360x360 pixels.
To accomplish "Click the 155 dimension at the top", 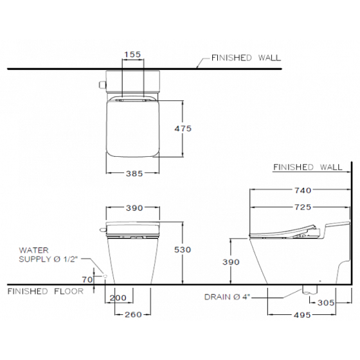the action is (x=132, y=55).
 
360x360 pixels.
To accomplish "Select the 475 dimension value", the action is (x=183, y=129).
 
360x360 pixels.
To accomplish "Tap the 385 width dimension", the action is (x=134, y=174).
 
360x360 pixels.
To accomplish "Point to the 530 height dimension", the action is (x=183, y=249).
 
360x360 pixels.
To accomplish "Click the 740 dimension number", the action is (x=303, y=190).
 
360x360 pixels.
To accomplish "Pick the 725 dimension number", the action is (x=303, y=207).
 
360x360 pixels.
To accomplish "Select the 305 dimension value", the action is (x=326, y=303).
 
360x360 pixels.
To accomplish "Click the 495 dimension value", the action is (x=302, y=315).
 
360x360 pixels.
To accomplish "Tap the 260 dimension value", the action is (x=133, y=314).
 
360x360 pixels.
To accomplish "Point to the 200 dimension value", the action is (x=118, y=298).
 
